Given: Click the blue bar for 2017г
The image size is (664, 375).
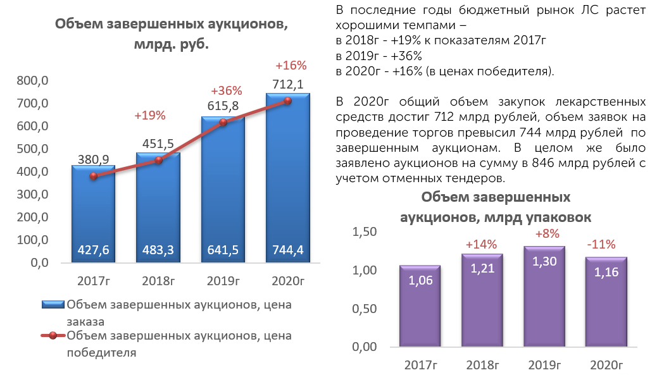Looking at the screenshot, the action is coord(93,214).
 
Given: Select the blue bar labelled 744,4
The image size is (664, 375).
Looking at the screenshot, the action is coord(288,178).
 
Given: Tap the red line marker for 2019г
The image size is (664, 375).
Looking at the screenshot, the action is coord(223,122).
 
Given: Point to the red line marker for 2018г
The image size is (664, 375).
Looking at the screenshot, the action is coord(158,160).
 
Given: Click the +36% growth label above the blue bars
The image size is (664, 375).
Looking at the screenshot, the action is coord(226,90).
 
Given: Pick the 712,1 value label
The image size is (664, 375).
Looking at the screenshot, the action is coord(288,85).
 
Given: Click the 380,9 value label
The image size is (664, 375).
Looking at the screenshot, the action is coord(93,159).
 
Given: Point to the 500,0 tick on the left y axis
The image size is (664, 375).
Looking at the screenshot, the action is coord(33,149).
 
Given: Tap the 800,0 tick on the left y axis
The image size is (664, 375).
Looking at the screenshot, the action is coord(33,80).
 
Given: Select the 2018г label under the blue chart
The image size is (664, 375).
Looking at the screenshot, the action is coord(158,281).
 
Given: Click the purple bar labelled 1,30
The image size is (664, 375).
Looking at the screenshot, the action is coord(544,297).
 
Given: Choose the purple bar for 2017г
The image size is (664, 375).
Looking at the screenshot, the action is coord(420,306).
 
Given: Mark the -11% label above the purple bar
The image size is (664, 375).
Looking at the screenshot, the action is coord(601,244).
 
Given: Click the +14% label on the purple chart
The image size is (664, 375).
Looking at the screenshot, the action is coord(481,244).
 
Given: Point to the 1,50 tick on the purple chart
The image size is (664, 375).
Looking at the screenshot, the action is coord(364,231).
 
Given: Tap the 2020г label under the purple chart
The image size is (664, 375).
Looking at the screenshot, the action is coord(606,365).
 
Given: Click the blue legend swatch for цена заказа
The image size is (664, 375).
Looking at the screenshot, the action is coord(53,304).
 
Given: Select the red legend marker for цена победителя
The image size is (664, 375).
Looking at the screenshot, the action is coord(53,336).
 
